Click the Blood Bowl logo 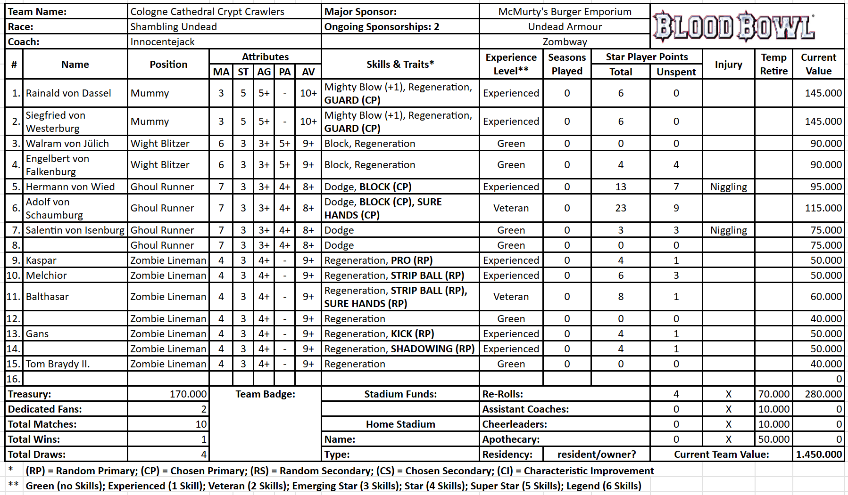point(734,26)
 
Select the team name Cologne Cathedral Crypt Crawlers point(207,12)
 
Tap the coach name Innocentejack point(162,42)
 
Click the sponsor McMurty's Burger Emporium point(565,12)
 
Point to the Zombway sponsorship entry point(565,42)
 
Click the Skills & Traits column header point(400,65)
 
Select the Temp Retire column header point(773,64)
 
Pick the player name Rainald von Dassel point(68,93)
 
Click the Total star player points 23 point(620,208)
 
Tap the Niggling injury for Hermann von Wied point(728,187)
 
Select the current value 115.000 point(823,208)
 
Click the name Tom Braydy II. point(58,364)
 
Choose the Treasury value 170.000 point(188,394)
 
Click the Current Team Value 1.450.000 point(818,454)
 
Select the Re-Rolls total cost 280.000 point(823,394)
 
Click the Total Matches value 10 point(201,424)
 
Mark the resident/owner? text point(596,454)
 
